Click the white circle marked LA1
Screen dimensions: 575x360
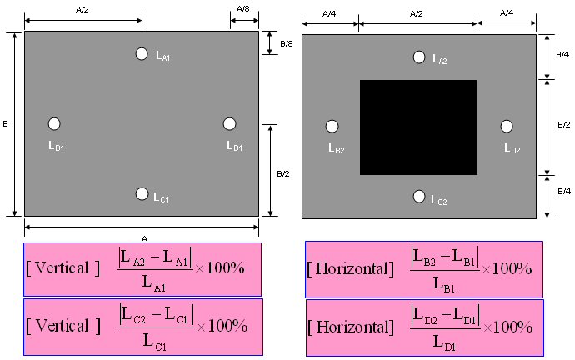point(142,54)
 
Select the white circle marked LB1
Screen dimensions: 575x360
point(54,124)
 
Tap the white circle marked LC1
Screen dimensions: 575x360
point(142,194)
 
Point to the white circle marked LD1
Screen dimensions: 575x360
point(229,124)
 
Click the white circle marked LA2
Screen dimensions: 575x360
point(419,57)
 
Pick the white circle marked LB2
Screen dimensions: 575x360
point(332,127)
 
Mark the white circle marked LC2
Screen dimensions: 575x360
point(419,197)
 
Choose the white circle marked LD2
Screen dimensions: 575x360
point(507,127)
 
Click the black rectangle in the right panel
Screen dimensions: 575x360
point(418,127)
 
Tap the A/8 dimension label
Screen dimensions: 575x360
point(243,9)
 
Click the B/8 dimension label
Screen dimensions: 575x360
point(287,44)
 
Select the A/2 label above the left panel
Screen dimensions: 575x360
point(82,9)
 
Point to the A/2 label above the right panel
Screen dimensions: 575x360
point(416,14)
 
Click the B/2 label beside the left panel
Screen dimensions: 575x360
point(283,174)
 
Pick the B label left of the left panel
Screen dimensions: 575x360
point(5,124)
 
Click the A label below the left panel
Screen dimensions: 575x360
point(144,238)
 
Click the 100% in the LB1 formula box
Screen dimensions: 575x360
point(512,268)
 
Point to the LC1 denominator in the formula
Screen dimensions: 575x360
point(154,342)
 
